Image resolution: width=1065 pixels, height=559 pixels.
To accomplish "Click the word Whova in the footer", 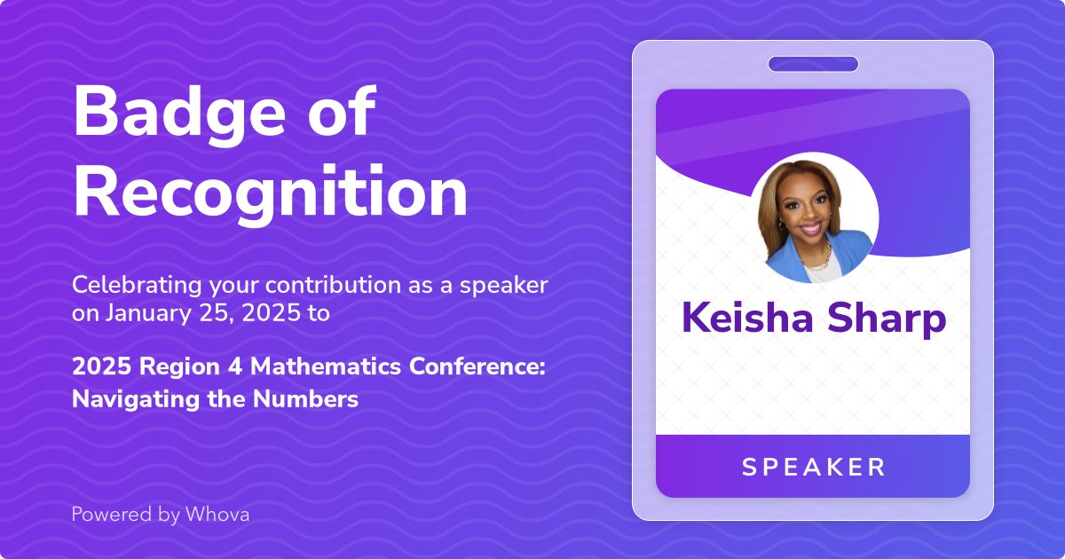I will coord(217,514).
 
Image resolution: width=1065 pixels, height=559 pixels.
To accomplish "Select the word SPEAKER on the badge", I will coord(813,467).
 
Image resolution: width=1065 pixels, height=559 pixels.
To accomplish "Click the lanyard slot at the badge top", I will coord(813,64).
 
